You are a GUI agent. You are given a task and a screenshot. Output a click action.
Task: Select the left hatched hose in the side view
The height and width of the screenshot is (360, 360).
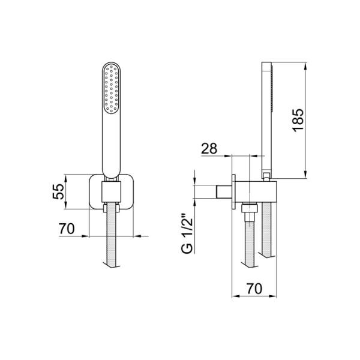point(248,240)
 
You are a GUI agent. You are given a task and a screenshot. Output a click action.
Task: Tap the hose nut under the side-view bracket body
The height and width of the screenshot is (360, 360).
point(248,209)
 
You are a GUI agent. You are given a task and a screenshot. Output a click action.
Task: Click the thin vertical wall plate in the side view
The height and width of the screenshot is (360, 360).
point(233,192)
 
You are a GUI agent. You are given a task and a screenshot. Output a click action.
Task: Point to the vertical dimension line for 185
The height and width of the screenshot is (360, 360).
point(308,120)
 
